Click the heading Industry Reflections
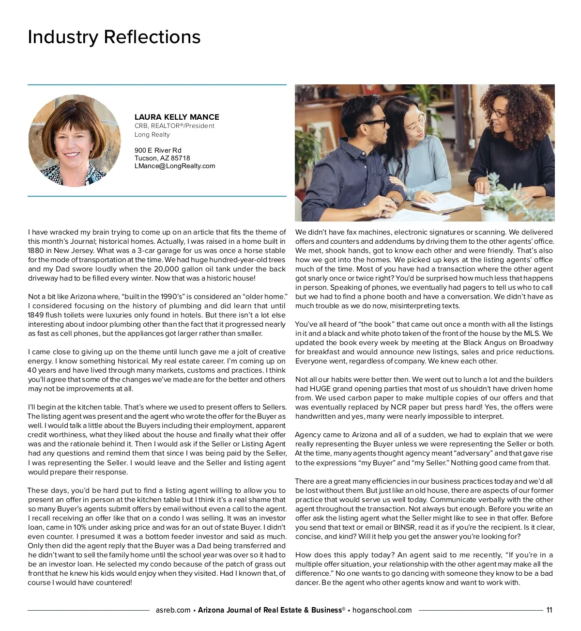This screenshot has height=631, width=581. (114, 37)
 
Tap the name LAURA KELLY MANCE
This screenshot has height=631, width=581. (177, 117)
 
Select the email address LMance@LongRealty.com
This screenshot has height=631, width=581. (175, 166)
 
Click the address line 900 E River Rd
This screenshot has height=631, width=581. (158, 150)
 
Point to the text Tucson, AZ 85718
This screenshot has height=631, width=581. (162, 158)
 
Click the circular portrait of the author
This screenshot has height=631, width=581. (75, 141)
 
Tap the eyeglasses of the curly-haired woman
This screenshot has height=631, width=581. (500, 113)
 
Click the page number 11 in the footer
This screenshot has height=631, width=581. (549, 610)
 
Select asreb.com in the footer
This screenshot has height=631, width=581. (173, 610)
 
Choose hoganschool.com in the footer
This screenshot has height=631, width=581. (382, 610)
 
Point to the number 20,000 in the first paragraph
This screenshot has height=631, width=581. (167, 269)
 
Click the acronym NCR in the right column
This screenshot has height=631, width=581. (398, 407)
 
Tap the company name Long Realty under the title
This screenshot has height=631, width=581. (152, 134)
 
